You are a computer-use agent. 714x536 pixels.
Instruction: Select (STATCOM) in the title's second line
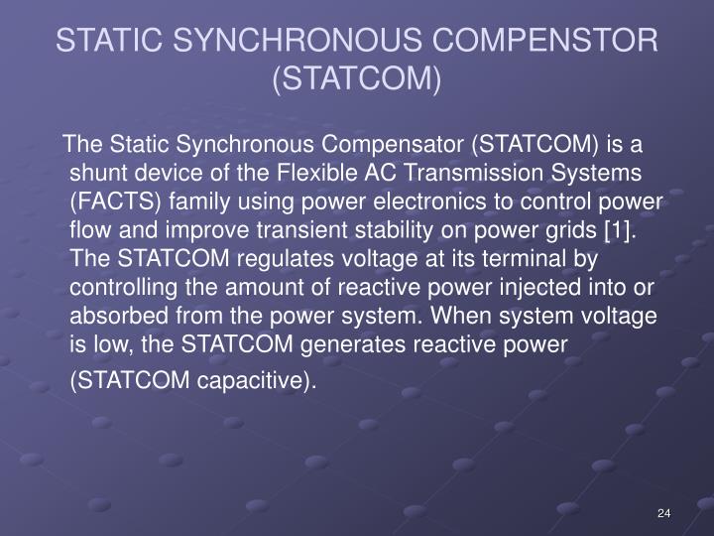(x=356, y=76)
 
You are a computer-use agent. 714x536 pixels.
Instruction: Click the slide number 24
(x=664, y=512)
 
